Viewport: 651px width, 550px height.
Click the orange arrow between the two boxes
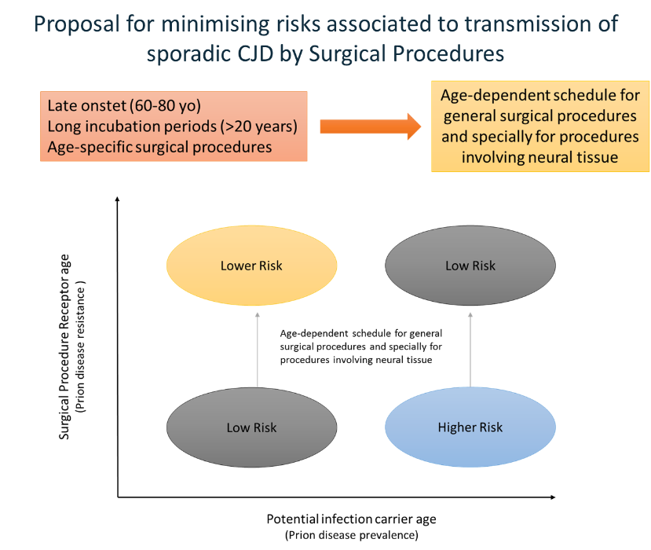coord(368,126)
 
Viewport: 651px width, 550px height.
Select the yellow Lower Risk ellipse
coord(251,266)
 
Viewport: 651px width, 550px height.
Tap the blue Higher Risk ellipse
coord(470,427)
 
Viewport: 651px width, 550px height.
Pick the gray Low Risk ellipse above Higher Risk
coord(470,266)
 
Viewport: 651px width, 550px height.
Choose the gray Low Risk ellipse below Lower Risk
coord(251,427)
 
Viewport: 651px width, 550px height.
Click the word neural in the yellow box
coord(554,157)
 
